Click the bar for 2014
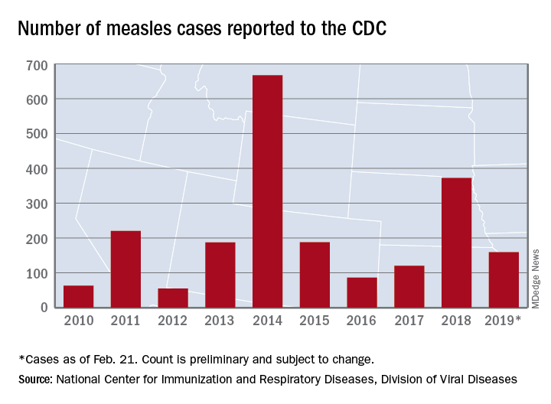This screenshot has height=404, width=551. (x=267, y=191)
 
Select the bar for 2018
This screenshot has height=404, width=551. (x=456, y=243)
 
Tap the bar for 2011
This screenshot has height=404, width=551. (x=126, y=269)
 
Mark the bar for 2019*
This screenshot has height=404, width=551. (x=504, y=279)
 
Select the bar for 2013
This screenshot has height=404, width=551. (x=220, y=275)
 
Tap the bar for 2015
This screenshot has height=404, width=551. (x=315, y=275)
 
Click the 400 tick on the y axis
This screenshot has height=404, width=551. (x=37, y=168)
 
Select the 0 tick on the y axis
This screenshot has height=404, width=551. (x=44, y=308)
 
